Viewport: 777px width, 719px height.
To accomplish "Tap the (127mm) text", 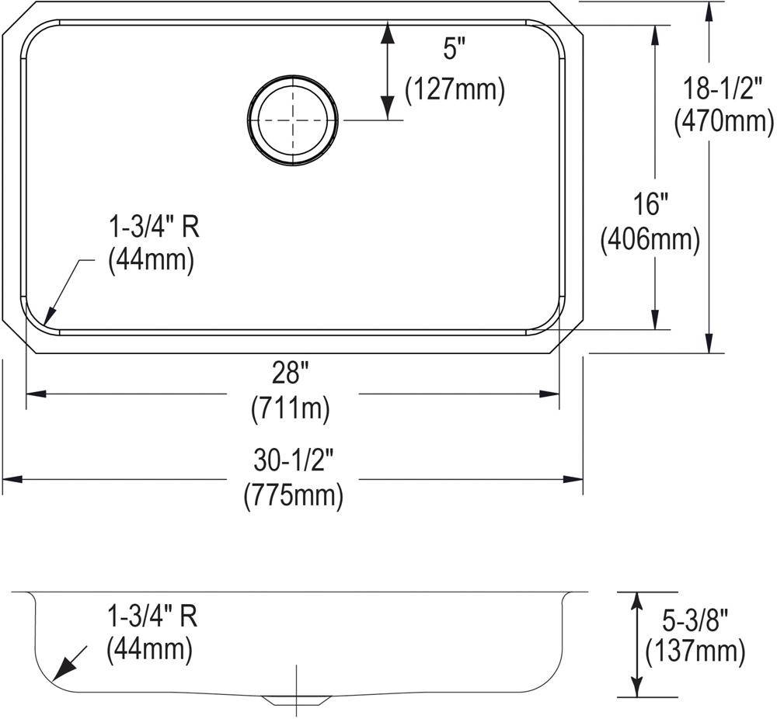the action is (x=455, y=90).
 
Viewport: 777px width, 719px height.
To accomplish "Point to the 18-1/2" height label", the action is (x=722, y=89).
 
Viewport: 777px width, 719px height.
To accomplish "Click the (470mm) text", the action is (x=723, y=122).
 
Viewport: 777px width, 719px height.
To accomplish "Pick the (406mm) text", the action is (x=650, y=241).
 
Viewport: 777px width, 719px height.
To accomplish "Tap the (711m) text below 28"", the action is (x=291, y=409).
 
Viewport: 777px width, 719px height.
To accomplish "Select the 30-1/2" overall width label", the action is (x=292, y=460).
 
